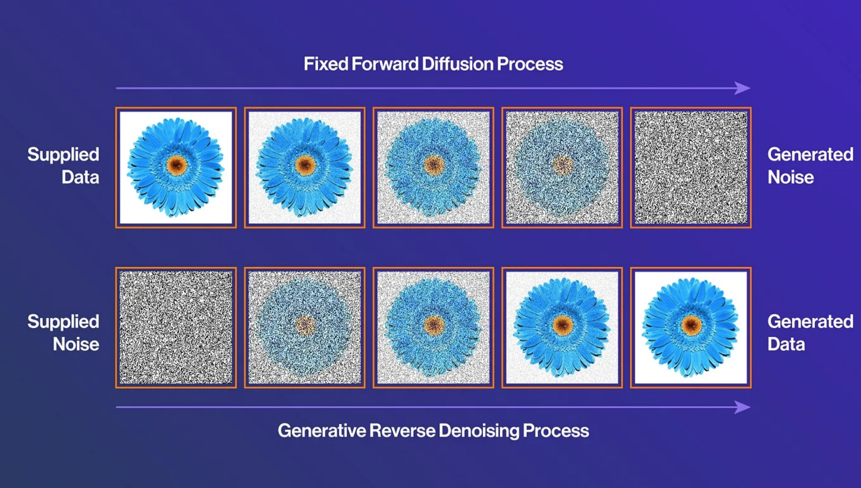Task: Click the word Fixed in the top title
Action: pos(326,64)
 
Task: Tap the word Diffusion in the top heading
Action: pos(457,64)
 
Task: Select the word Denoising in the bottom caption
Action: pos(479,431)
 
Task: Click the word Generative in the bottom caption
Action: pos(322,431)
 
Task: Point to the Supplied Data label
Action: pos(63,166)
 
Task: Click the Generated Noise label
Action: pos(810,166)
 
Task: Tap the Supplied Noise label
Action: pos(63,333)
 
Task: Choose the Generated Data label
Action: pos(810,333)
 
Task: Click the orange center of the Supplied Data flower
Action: pos(177,165)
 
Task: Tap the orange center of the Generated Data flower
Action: pos(691,325)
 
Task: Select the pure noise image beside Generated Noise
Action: pos(691,167)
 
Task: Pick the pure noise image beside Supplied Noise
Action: pos(176,328)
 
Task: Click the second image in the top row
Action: pos(305,167)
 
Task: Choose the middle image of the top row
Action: pos(433,167)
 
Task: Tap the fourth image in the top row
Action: pos(562,167)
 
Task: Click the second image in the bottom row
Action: pos(305,328)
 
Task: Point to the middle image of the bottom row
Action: pos(433,328)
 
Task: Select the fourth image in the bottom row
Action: pos(562,328)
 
